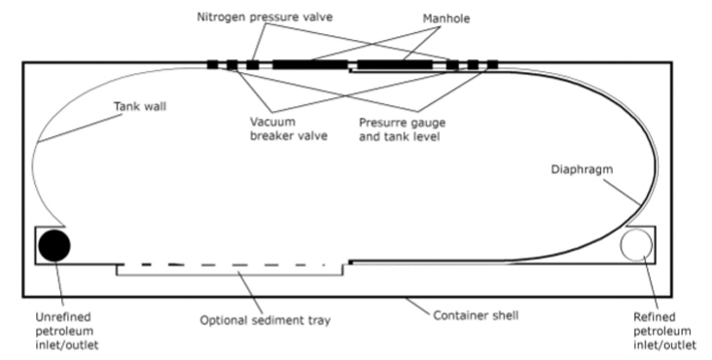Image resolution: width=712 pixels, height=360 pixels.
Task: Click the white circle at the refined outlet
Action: tap(637, 245)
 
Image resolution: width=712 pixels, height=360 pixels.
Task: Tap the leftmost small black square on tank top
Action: tap(213, 65)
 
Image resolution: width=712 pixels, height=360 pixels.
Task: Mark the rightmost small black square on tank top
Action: tap(492, 65)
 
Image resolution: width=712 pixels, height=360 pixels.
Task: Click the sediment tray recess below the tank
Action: tap(231, 270)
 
